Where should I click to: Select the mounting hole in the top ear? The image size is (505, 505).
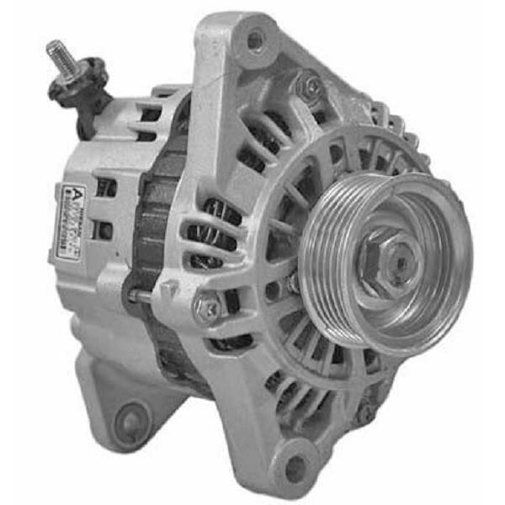pos(253,39)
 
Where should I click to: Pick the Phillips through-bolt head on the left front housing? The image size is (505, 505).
pos(205,309)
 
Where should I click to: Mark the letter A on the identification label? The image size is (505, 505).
pos(74,191)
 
